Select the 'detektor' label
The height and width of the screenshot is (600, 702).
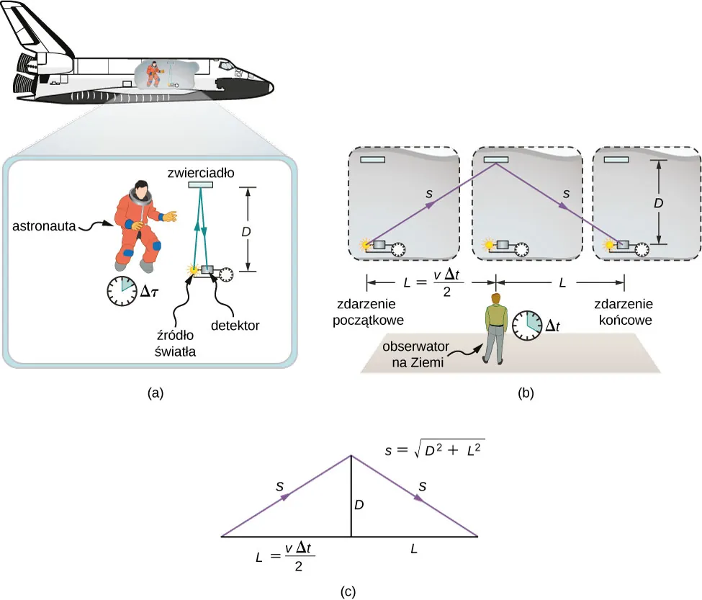[x=235, y=326]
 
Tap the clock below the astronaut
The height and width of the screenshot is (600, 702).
[x=120, y=290]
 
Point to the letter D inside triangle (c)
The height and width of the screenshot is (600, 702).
[x=359, y=506]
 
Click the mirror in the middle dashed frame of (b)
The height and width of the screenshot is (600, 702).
[x=496, y=159]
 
